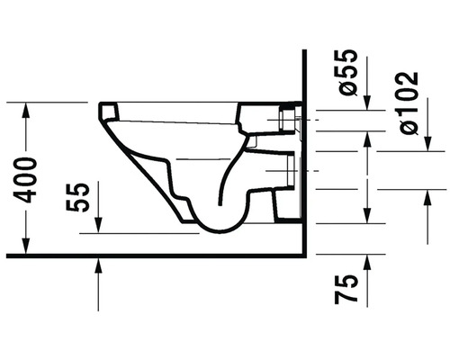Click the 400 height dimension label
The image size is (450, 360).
[25, 180]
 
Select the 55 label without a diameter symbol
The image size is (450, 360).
[77, 198]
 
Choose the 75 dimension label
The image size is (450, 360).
[346, 289]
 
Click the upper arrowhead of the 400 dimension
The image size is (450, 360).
[26, 110]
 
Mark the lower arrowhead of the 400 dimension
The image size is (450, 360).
[26, 246]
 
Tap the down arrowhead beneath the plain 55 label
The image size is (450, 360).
[98, 226]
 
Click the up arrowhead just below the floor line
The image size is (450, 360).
[98, 265]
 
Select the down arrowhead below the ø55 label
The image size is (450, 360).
[367, 103]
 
